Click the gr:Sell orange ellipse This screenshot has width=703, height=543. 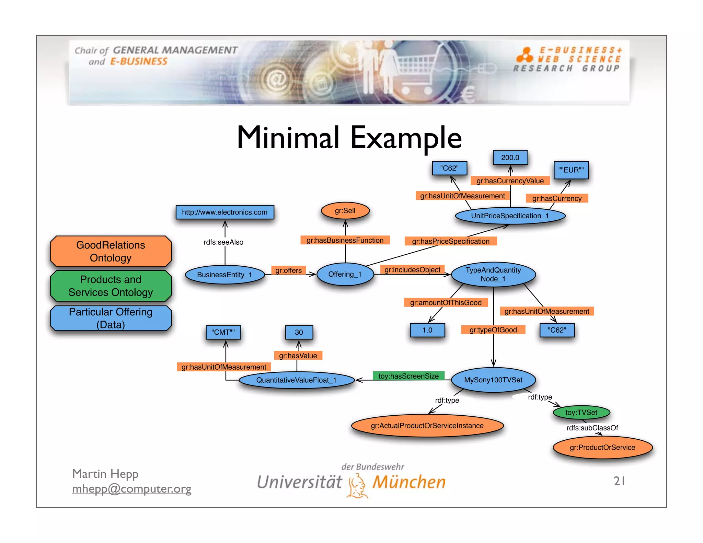[345, 211]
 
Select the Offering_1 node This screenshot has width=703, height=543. [345, 274]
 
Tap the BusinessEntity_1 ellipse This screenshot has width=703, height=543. [224, 275]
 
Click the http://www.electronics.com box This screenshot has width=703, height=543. [224, 212]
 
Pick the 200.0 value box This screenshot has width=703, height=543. [510, 158]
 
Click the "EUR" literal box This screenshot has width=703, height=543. [571, 170]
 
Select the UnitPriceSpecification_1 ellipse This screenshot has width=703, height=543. [510, 216]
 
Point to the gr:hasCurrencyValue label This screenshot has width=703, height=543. [510, 181]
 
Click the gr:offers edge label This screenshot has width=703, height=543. [288, 270]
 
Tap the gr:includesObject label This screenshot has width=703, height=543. [412, 270]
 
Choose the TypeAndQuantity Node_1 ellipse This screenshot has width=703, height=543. [493, 275]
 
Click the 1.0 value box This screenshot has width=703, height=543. [427, 330]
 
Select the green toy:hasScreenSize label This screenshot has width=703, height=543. [408, 376]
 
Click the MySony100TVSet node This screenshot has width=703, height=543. [493, 380]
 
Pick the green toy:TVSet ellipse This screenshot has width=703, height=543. [581, 412]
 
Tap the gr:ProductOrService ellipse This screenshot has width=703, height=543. [602, 447]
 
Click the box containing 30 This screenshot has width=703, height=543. [299, 332]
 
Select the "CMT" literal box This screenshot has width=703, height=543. [223, 332]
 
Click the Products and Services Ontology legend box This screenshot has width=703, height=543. [111, 286]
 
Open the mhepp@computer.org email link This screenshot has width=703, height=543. [131, 489]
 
